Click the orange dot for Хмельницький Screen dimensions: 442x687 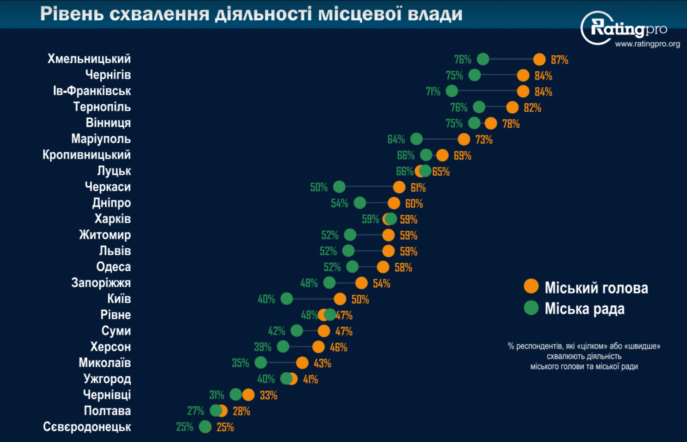click(539, 59)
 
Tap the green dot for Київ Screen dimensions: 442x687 click(286, 299)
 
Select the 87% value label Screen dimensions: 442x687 click(559, 60)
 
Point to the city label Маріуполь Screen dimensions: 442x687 click(101, 139)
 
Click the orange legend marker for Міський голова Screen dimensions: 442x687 click(531, 287)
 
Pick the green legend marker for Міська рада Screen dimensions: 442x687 click(531, 308)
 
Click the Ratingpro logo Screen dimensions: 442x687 click(624, 28)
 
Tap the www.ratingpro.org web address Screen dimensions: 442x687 click(647, 44)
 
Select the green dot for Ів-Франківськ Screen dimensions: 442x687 click(452, 91)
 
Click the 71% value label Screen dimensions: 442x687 click(433, 91)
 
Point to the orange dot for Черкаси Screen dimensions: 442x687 click(399, 187)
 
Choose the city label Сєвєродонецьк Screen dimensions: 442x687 click(87, 427)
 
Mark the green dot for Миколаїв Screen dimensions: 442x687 click(261, 362)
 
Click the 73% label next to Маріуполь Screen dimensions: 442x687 click(484, 140)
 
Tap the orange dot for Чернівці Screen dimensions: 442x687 click(249, 395)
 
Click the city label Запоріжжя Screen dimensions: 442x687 click(101, 283)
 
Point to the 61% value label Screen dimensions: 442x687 click(418, 188)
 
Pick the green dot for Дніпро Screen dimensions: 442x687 click(360, 203)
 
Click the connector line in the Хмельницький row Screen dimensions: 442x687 click(511, 59)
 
